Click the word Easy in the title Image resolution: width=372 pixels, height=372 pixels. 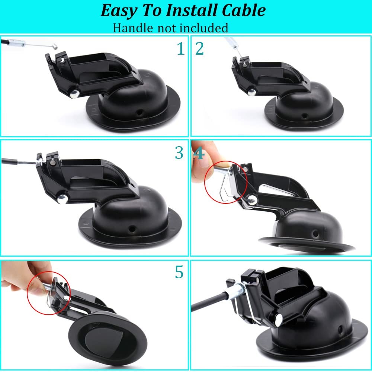(x=118, y=11)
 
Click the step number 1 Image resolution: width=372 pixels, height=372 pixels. (x=180, y=49)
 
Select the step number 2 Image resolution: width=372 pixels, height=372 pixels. (x=200, y=49)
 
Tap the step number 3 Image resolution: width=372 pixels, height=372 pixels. (x=179, y=153)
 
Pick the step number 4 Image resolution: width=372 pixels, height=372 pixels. (x=199, y=153)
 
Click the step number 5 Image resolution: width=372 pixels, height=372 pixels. (x=179, y=272)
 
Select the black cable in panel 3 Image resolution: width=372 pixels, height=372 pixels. (x=15, y=161)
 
